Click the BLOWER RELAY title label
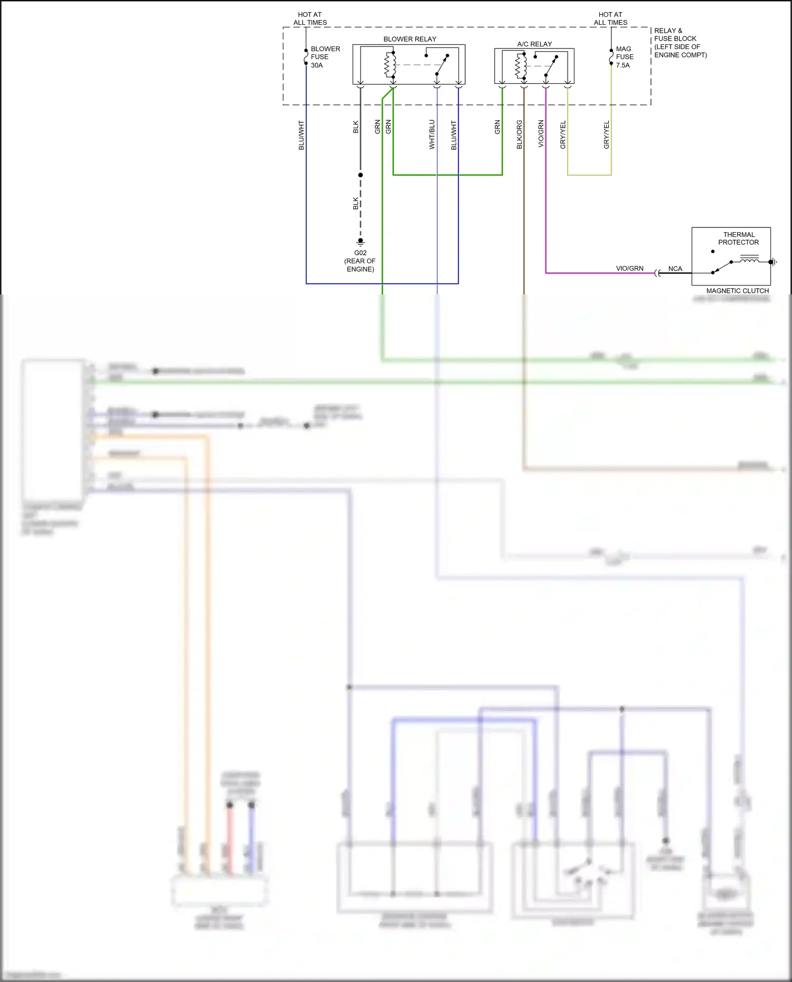[410, 39]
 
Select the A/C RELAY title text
[534, 44]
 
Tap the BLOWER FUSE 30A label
[325, 56]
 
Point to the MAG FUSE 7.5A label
[624, 56]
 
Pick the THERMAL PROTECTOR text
[738, 239]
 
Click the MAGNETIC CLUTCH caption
[737, 291]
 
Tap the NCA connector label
[675, 269]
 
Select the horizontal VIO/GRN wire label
[629, 269]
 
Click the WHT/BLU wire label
[432, 135]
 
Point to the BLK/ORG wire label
[519, 135]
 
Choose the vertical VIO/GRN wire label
[541, 134]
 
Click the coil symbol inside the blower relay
[390, 65]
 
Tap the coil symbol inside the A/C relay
[521, 66]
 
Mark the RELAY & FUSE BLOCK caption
[680, 43]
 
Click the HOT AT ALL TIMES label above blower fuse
[310, 18]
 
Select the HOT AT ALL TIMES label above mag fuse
[610, 18]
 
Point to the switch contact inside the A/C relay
[550, 66]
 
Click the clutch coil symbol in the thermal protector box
[749, 259]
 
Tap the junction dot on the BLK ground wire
[361, 175]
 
